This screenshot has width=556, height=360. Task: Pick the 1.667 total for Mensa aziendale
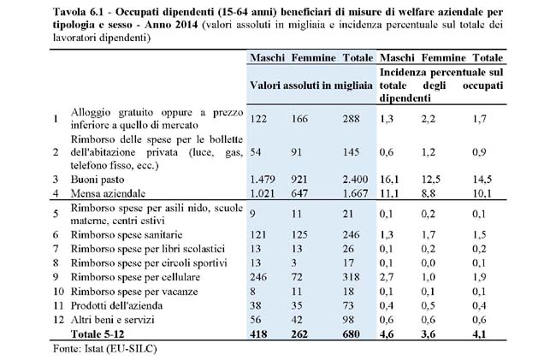point(352,194)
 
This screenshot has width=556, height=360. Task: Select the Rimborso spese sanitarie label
point(126,233)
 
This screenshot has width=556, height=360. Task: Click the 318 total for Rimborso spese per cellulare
point(352,278)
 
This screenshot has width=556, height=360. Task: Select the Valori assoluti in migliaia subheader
point(311,86)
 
